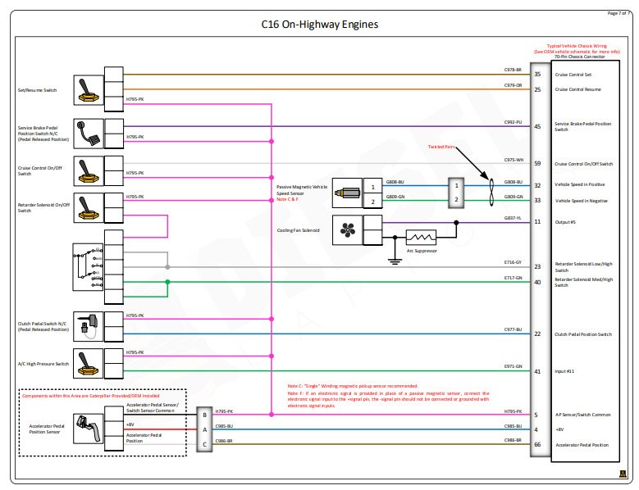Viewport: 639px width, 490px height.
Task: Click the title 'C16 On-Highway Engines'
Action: coord(319,25)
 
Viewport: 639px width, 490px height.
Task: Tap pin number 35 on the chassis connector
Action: coord(536,75)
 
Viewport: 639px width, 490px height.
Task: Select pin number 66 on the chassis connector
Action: coord(536,445)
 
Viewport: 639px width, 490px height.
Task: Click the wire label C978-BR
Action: coord(513,70)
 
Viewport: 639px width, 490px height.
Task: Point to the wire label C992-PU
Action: coord(513,122)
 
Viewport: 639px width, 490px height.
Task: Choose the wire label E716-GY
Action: coord(513,262)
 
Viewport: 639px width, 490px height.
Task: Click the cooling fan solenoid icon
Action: coord(345,230)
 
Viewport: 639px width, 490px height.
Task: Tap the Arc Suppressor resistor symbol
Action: coord(422,236)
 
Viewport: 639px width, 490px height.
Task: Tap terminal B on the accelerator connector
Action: coord(203,415)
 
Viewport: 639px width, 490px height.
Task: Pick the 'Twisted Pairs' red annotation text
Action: coord(440,147)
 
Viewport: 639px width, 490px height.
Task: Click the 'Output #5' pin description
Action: coord(566,222)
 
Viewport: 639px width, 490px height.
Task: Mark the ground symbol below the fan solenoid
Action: coord(395,262)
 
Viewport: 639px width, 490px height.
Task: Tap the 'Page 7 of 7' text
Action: coord(618,13)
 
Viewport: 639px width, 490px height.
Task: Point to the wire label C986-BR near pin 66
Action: coord(513,441)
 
